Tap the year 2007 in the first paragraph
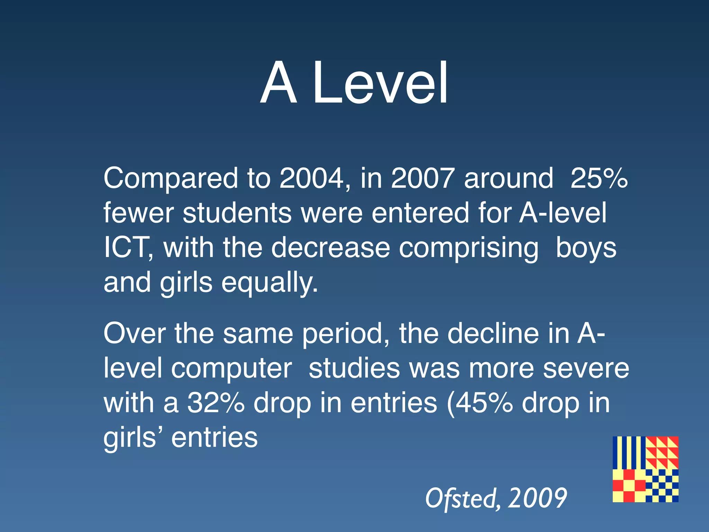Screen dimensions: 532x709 tap(423, 178)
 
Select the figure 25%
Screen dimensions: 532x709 tap(599, 178)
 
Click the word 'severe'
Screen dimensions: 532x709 tap(586, 369)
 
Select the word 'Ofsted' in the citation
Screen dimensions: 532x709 tap(462, 498)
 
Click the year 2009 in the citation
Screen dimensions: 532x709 tap(538, 498)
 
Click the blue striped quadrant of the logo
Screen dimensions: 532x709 tap(629, 452)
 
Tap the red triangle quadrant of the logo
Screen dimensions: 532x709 tap(662, 452)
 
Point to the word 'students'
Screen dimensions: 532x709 tap(237, 213)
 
